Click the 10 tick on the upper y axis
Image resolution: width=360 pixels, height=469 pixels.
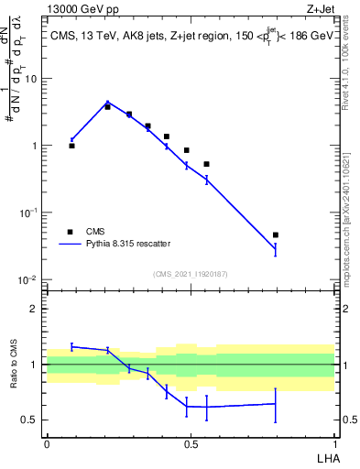pos(32,79)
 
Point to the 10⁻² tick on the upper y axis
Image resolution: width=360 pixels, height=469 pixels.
pos(29,279)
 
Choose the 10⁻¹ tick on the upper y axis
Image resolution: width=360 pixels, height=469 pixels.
pos(29,213)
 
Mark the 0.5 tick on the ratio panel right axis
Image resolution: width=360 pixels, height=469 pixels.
pos(348,420)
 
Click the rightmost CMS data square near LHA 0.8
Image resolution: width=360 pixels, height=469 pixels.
pos(276,235)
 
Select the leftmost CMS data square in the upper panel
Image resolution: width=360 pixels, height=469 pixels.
pos(71,146)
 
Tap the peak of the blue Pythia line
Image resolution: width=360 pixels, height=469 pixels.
pos(108,103)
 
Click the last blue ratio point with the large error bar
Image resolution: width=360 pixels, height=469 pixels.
pos(276,403)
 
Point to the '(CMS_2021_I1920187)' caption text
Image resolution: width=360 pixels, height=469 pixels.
pos(191,274)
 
